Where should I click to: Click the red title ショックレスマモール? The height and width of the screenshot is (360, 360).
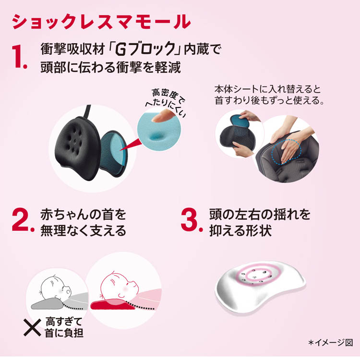(x=101, y=22)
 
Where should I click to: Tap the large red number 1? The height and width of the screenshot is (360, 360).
(x=19, y=57)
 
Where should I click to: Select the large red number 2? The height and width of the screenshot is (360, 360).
(x=23, y=220)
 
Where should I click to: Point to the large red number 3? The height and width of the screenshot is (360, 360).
(x=192, y=220)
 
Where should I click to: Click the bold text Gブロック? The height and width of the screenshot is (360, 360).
(x=145, y=49)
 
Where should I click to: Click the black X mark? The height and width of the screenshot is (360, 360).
(x=32, y=327)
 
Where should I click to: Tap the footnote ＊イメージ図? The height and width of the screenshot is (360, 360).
(x=331, y=343)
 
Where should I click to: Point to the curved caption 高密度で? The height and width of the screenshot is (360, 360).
(x=168, y=96)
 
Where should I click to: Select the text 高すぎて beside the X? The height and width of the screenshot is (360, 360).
(x=64, y=322)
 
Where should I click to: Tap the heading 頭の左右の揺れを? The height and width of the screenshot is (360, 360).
(x=260, y=215)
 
